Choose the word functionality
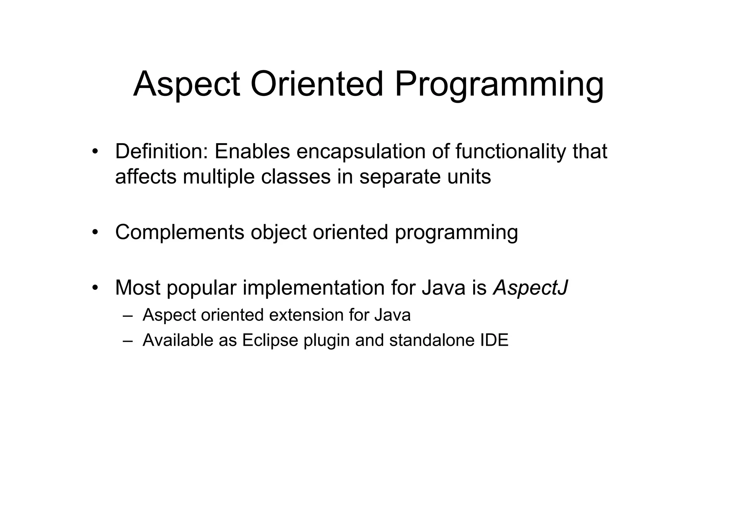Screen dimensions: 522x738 pos(511,151)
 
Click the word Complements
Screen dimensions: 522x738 pos(179,232)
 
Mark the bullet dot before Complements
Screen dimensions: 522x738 pos(95,233)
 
